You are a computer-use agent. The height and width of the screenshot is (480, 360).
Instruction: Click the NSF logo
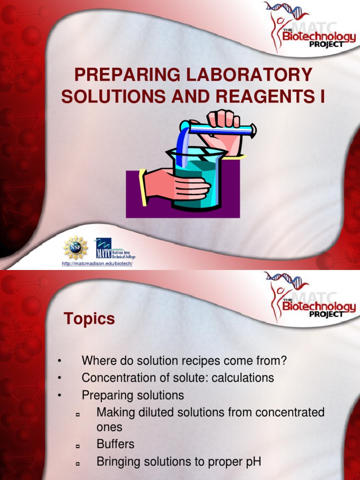(x=75, y=247)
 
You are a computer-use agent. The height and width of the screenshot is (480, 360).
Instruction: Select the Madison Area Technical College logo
(x=115, y=248)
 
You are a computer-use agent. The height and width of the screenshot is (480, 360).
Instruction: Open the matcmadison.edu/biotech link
(x=98, y=264)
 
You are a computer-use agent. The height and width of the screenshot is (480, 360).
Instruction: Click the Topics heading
(x=89, y=319)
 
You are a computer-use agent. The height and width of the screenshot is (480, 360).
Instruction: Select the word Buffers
(x=115, y=444)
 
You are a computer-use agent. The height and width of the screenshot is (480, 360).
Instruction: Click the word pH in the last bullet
(x=253, y=461)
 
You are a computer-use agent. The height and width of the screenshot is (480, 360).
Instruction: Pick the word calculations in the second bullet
(x=239, y=378)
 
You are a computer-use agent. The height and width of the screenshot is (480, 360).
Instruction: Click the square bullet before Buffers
(x=78, y=445)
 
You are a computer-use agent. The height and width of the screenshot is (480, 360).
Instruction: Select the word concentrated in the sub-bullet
(x=289, y=412)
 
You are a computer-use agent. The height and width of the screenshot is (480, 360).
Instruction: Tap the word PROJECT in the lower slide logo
(x=327, y=314)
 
